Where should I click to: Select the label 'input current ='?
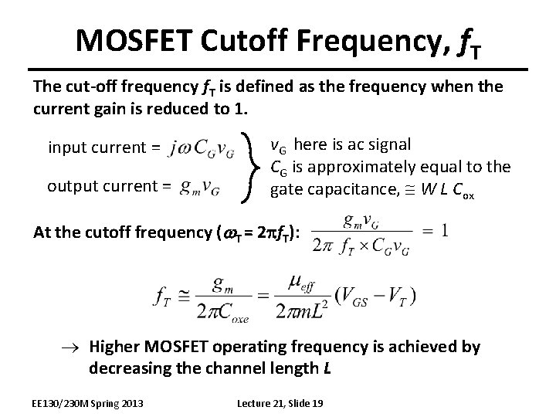tap(104, 147)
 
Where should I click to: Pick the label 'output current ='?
tap(104, 186)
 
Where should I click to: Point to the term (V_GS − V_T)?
tap(375, 296)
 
